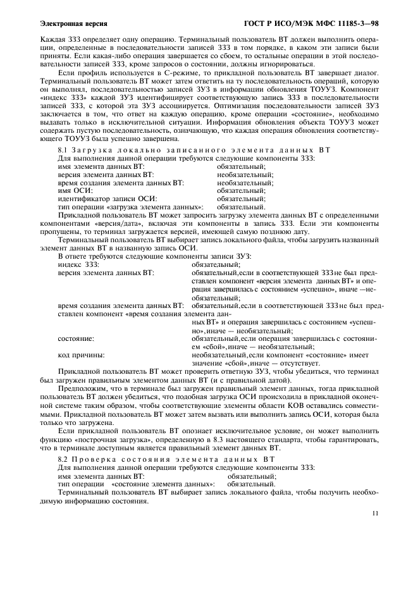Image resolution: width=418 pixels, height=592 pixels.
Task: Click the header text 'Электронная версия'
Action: point(69,23)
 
